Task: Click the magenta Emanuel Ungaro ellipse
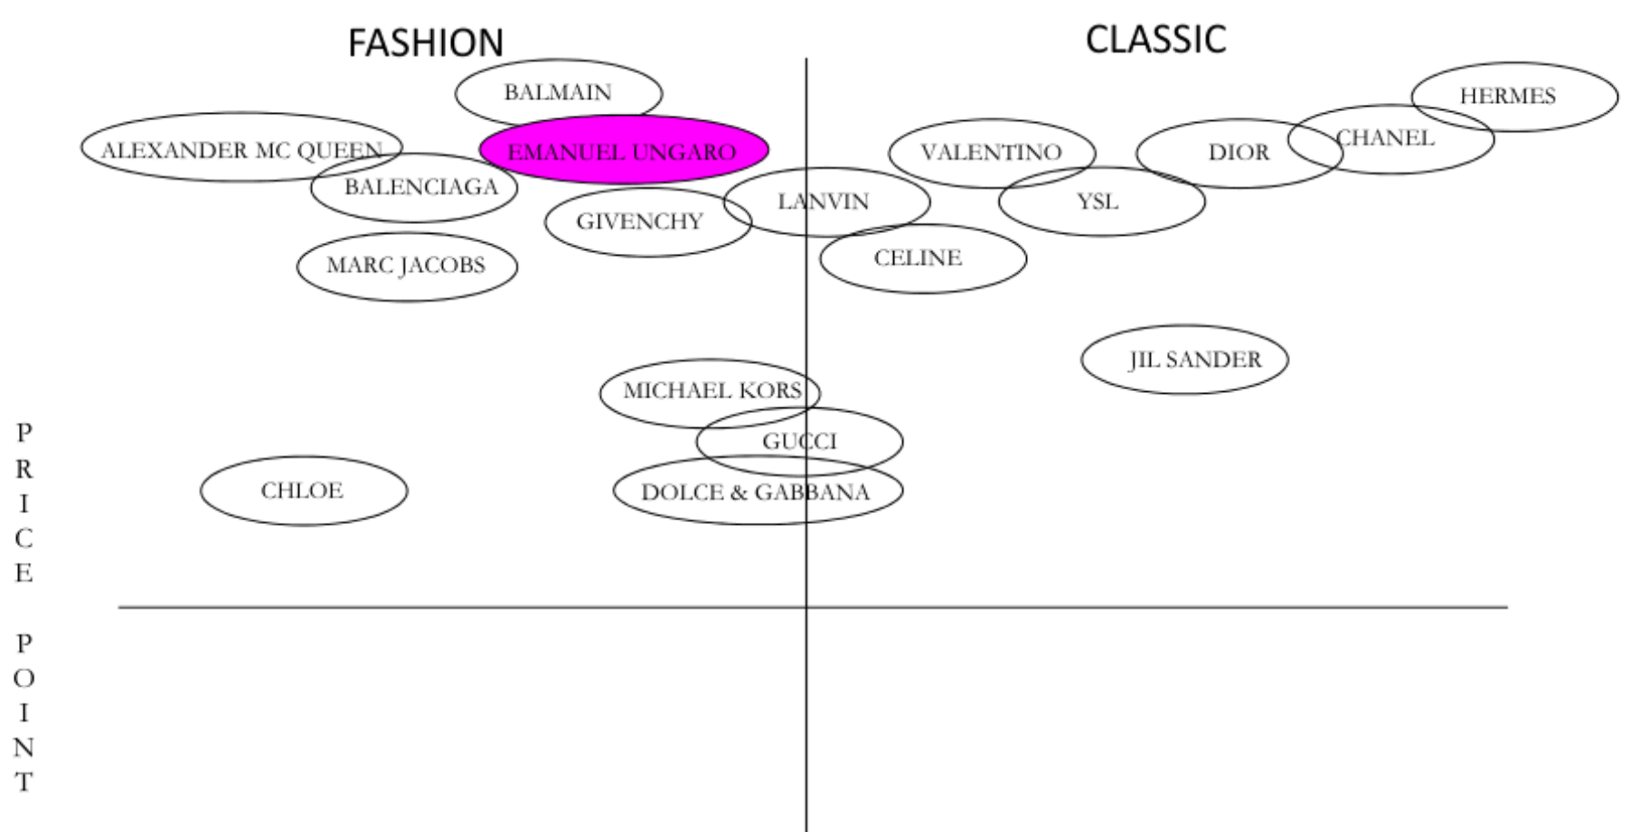(x=623, y=151)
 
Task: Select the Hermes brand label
(x=1507, y=96)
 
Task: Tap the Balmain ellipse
(x=558, y=92)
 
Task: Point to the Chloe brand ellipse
(x=303, y=491)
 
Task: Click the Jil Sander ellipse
(x=1194, y=360)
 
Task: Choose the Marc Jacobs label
(x=406, y=266)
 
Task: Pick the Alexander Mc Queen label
(x=240, y=150)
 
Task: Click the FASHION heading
(x=426, y=42)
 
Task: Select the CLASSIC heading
(x=1155, y=40)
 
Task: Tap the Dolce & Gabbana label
(x=755, y=492)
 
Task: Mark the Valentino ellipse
(x=991, y=153)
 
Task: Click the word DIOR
(x=1239, y=153)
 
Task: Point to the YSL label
(x=1098, y=201)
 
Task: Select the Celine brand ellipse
(x=919, y=258)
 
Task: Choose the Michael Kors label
(x=712, y=391)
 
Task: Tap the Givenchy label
(x=639, y=221)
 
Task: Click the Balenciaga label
(x=421, y=187)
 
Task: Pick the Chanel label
(x=1386, y=138)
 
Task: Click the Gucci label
(x=799, y=442)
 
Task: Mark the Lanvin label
(x=824, y=201)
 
